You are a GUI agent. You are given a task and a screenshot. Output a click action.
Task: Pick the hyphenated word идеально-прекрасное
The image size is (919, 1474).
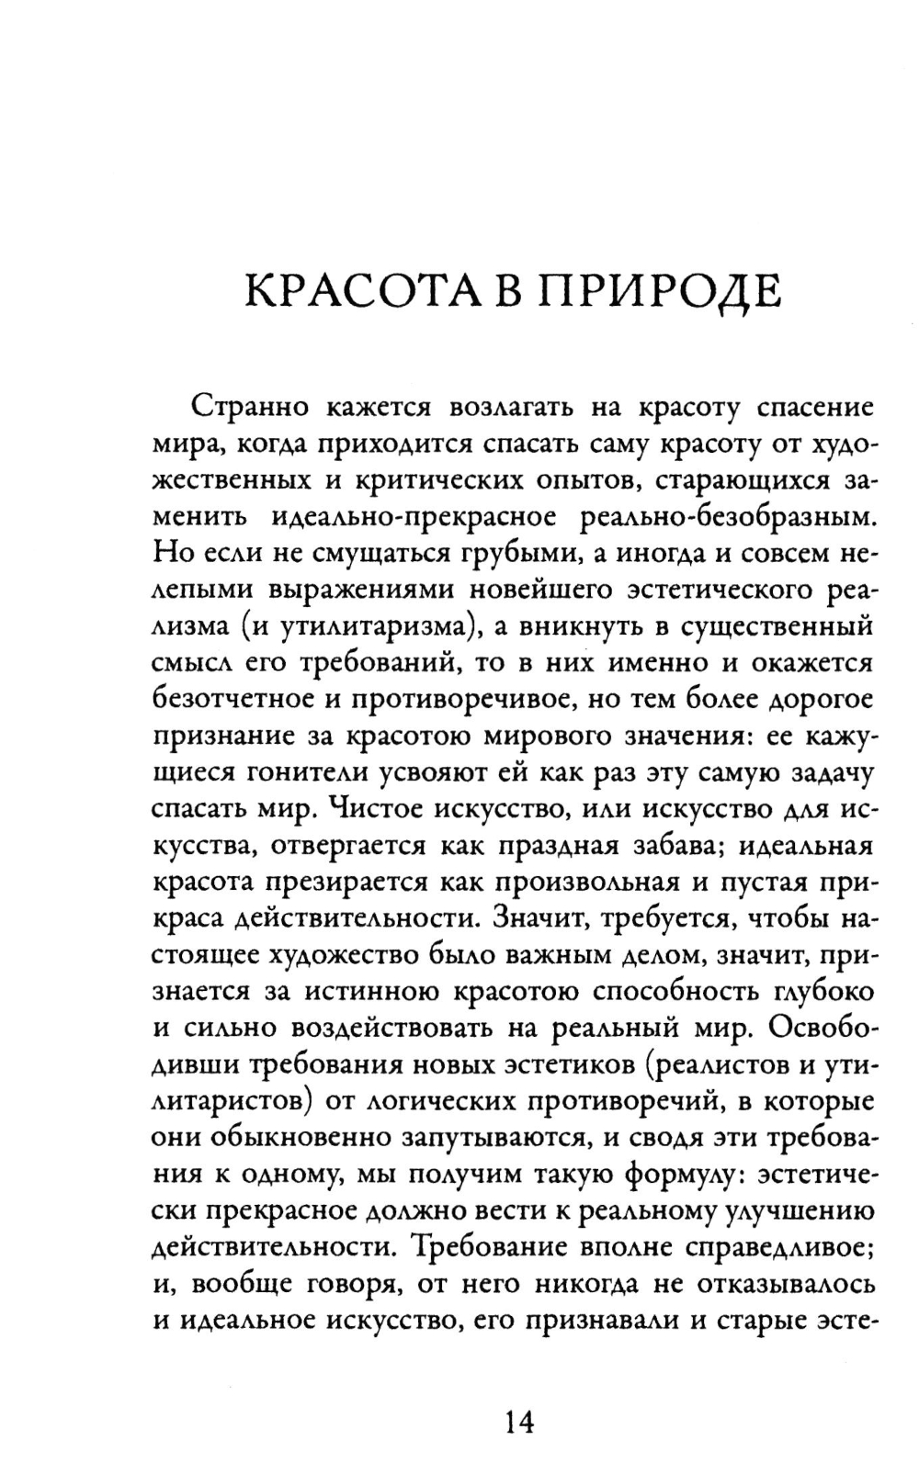click(414, 518)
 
